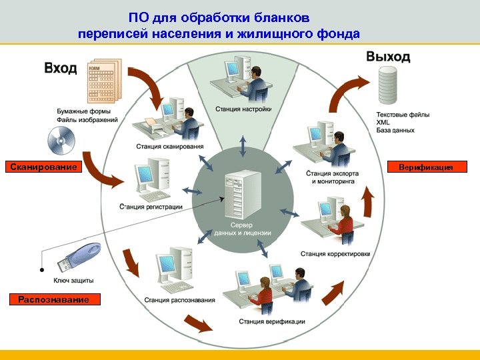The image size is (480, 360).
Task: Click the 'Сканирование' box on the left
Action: click(43, 167)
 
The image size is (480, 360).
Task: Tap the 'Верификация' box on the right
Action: click(426, 167)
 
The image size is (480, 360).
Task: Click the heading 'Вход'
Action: click(61, 67)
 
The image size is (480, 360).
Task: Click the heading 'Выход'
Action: click(388, 57)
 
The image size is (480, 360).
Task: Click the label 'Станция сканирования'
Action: click(170, 146)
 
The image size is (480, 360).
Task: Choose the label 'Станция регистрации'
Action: click(151, 207)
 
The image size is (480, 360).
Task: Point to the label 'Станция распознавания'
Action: click(179, 300)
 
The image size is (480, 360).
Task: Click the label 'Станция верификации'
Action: click(272, 321)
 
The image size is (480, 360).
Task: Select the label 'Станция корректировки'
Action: click(335, 253)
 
